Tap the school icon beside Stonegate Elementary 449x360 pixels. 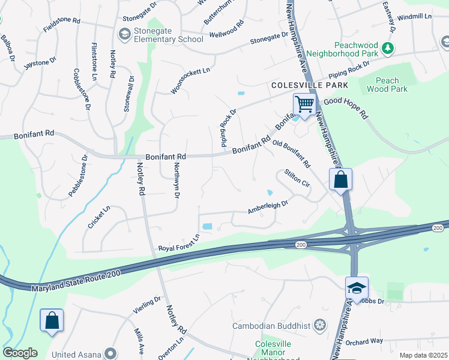point(125,34)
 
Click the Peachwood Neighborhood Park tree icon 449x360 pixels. point(388,48)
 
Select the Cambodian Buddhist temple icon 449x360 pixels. point(321,325)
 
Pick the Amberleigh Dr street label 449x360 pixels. point(268,207)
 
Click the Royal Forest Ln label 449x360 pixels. point(178,244)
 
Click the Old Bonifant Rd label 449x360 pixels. point(291,154)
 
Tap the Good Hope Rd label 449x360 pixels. point(345,107)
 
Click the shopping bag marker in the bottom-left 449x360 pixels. point(52,320)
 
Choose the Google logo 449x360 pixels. point(20,353)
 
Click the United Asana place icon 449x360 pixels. point(110,353)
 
